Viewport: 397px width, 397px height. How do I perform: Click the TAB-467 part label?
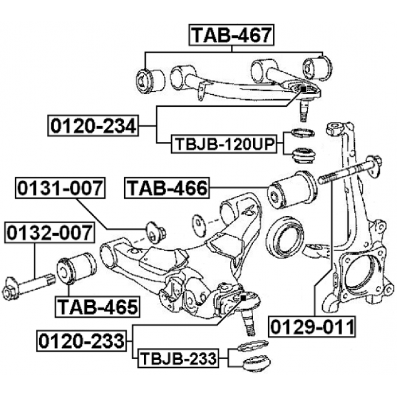pos(231,35)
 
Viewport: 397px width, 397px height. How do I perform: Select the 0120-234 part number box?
pos(93,126)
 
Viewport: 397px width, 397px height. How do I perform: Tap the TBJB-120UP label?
pos(224,144)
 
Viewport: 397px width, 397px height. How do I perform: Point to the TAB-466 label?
pos(167,188)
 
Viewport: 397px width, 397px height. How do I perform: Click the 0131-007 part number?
pos(60,188)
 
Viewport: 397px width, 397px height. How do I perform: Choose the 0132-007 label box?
pos(50,232)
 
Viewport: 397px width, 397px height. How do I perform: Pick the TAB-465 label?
pos(97,307)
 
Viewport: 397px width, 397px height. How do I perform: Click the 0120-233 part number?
pos(81,341)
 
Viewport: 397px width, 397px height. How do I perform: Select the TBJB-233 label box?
pos(178,358)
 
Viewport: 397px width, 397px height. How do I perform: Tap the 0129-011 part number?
pos(312,327)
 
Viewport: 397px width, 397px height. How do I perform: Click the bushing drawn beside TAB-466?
pos(292,190)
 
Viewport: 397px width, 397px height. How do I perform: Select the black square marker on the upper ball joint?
pos(303,89)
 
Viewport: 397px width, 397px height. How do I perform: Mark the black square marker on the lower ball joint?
pos(243,298)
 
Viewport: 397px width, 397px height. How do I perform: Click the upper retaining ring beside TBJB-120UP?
pos(303,132)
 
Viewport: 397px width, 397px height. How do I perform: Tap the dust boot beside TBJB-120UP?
pos(304,155)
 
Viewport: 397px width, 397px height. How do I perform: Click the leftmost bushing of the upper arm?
pos(150,81)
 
